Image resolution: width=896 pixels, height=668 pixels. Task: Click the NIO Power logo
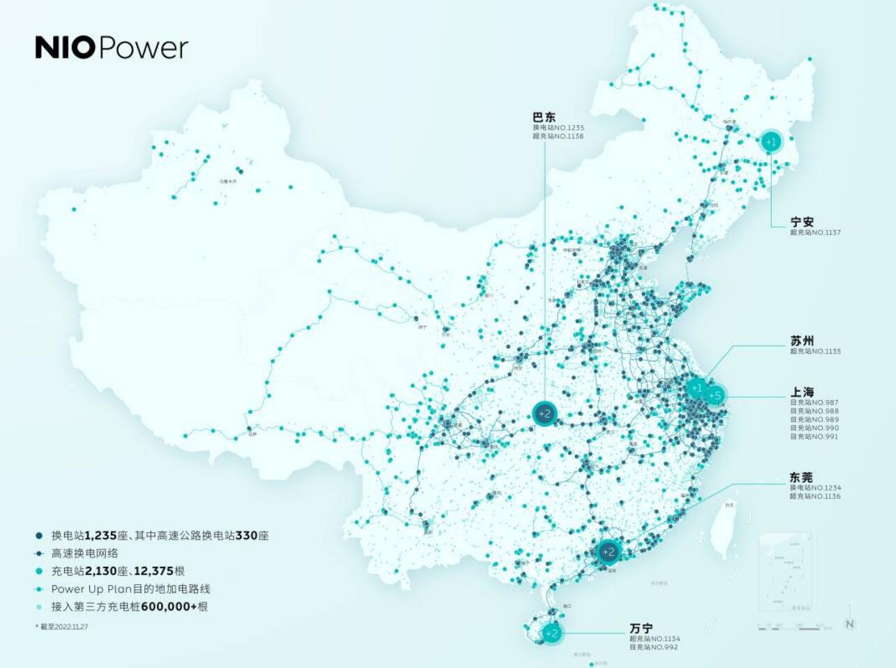112,47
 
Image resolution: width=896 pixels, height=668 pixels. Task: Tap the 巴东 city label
544,117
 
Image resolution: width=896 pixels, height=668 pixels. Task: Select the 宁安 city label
802,222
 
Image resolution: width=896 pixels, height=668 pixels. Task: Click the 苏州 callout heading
802,341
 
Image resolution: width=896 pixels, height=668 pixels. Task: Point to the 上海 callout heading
802,392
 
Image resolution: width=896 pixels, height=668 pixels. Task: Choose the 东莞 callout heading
801,477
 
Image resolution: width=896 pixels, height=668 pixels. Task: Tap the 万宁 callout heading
641,628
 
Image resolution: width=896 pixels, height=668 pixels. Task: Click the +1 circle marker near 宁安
770,142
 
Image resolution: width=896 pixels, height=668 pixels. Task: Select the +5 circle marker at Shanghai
714,396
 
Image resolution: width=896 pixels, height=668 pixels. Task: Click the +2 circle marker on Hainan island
551,633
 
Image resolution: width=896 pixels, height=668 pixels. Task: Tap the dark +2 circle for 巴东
544,413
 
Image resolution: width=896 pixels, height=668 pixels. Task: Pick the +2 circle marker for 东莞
608,552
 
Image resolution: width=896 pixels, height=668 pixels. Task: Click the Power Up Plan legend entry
130,589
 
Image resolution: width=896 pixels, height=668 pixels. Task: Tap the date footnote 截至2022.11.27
64,626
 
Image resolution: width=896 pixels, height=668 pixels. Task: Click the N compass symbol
849,623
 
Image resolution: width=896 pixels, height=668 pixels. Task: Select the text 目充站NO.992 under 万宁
653,647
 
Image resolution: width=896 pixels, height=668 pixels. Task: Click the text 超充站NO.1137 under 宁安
815,232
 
